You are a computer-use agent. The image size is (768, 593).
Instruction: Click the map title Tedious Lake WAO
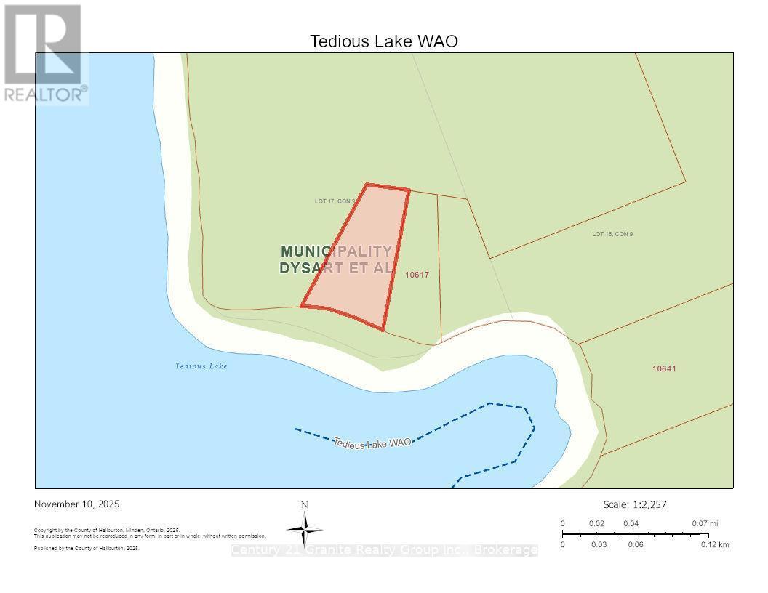coord(384,41)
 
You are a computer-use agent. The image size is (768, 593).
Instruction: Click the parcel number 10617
coord(417,275)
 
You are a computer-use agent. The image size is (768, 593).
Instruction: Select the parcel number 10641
coord(664,368)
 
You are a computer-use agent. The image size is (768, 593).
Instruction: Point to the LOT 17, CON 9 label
coord(335,201)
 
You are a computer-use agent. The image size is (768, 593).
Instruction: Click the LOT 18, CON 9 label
coord(612,234)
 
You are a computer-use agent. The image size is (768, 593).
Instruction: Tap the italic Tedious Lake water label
coord(201,366)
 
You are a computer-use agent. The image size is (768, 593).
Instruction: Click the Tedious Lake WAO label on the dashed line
coord(372,442)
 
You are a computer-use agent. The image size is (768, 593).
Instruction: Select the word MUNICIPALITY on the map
coord(336,251)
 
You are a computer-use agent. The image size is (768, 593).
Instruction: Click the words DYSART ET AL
coord(336,267)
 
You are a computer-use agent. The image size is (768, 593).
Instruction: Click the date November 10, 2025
coord(77,504)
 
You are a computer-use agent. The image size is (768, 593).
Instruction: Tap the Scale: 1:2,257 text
coord(635,504)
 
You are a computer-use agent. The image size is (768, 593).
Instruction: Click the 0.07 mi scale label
coord(705,523)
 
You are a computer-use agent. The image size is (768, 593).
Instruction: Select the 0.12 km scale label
coord(715,544)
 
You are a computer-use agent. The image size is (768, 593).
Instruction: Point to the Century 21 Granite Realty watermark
coord(384,550)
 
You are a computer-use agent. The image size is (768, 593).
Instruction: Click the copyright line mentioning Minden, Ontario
coord(107,531)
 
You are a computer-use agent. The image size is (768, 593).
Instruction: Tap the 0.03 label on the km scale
coord(599,544)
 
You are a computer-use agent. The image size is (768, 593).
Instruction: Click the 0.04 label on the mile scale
coord(631,523)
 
